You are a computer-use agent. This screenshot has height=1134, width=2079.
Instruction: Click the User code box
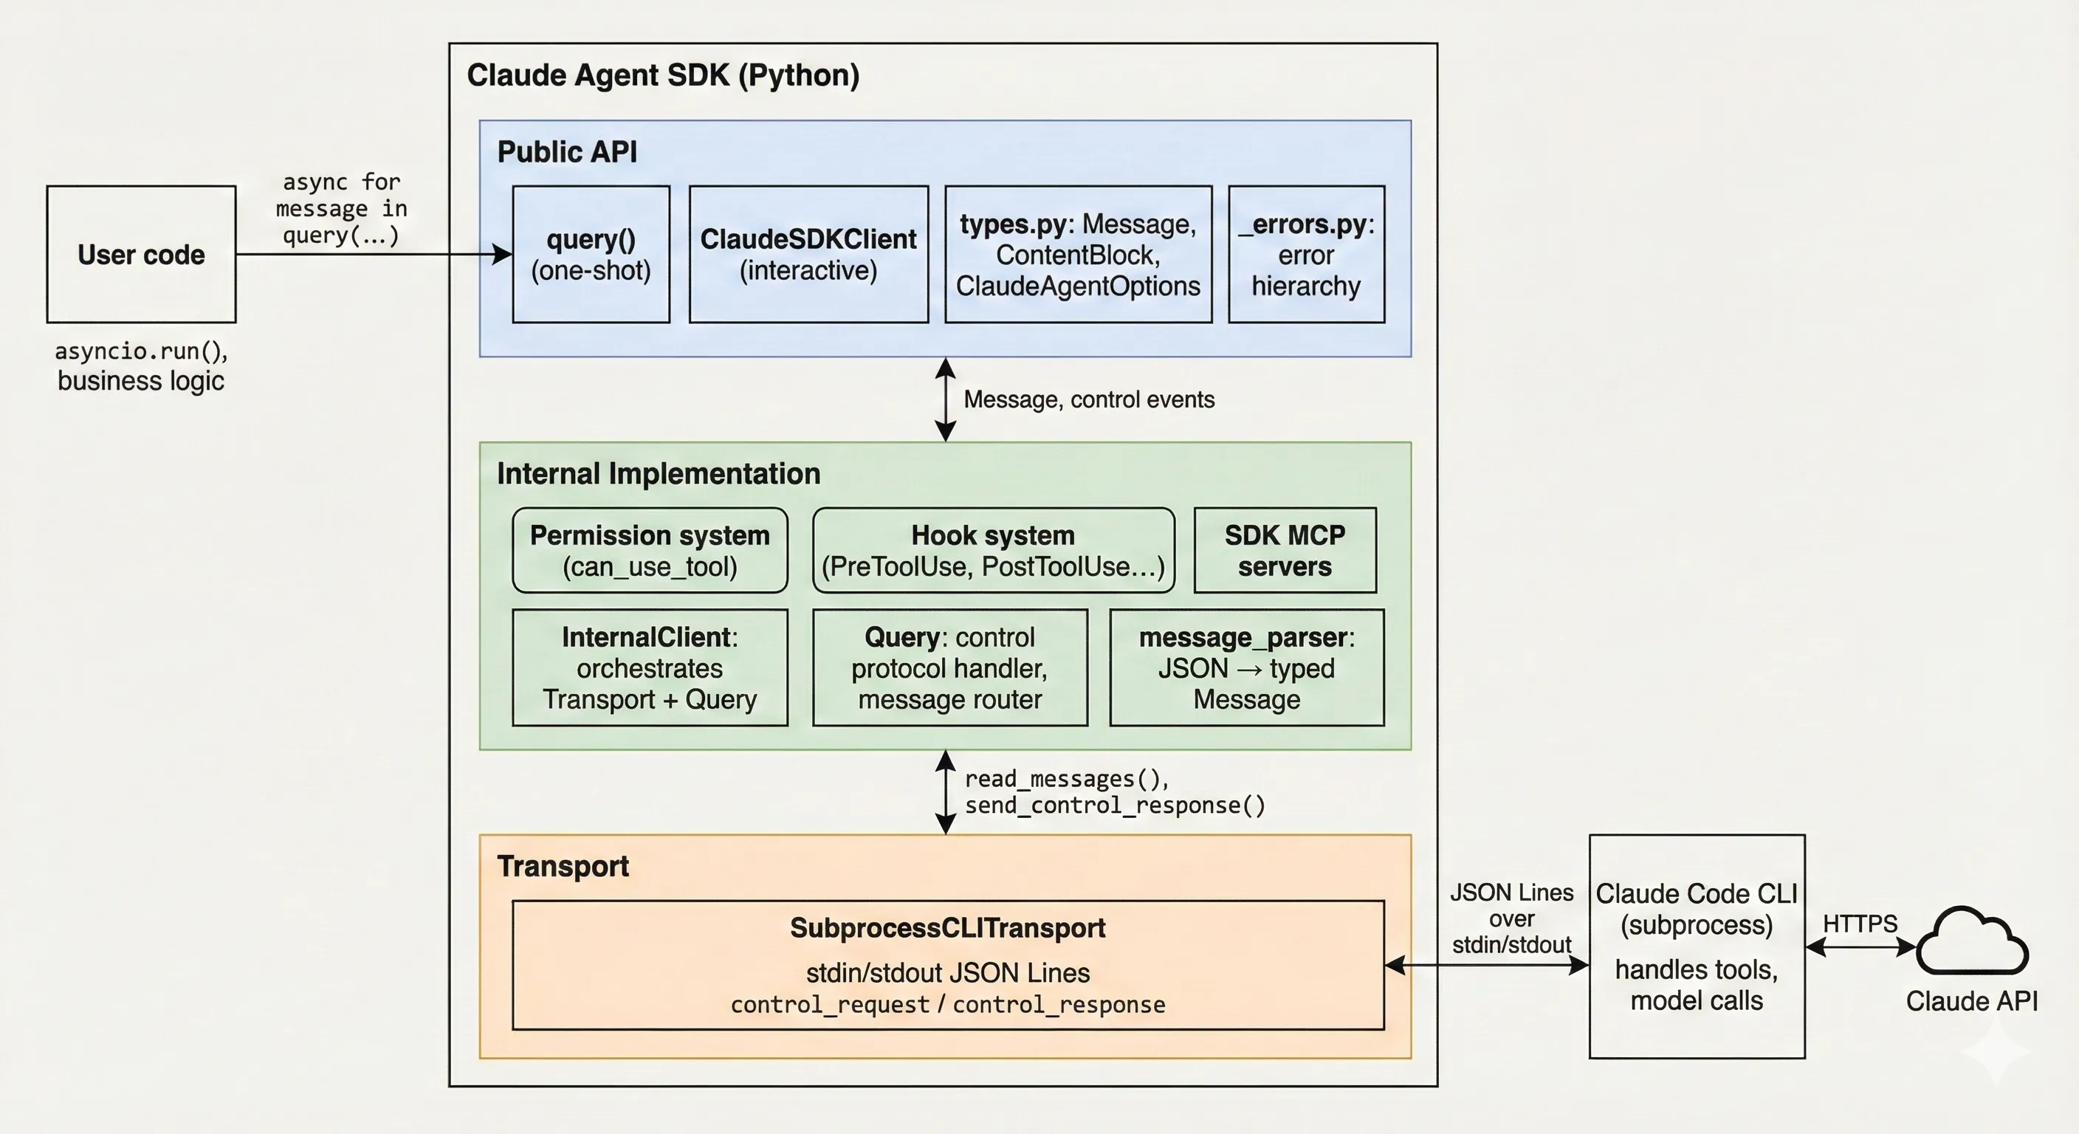tap(141, 254)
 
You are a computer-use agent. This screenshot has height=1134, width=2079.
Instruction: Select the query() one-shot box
tap(591, 254)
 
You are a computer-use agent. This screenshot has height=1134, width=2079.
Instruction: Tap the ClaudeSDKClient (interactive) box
tap(808, 254)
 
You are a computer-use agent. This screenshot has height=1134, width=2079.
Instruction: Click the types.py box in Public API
tap(1078, 254)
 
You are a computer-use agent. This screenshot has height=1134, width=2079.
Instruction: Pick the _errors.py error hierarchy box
tap(1306, 254)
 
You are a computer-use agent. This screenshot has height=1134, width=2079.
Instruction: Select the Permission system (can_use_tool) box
tap(650, 551)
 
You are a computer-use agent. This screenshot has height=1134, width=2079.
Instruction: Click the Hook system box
tap(993, 551)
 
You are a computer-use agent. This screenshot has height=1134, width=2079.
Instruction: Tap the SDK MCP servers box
tap(1285, 551)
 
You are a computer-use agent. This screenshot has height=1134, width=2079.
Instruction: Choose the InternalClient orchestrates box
tap(650, 667)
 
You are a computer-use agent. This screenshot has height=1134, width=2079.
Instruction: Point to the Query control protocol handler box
tap(949, 667)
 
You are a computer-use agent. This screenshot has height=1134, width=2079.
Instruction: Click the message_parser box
tap(1246, 667)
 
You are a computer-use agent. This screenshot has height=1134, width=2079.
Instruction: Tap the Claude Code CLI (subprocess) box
tap(1697, 946)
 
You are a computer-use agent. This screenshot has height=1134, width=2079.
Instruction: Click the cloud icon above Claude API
tap(1971, 943)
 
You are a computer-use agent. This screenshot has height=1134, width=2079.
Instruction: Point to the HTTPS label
tap(1860, 924)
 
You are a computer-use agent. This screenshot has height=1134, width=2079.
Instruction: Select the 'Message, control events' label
tap(1088, 399)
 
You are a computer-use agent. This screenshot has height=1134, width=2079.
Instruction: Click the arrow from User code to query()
tap(371, 254)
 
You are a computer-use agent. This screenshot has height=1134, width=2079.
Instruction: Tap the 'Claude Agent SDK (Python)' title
tap(662, 75)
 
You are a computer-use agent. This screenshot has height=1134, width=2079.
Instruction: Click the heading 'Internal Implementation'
tap(658, 474)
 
